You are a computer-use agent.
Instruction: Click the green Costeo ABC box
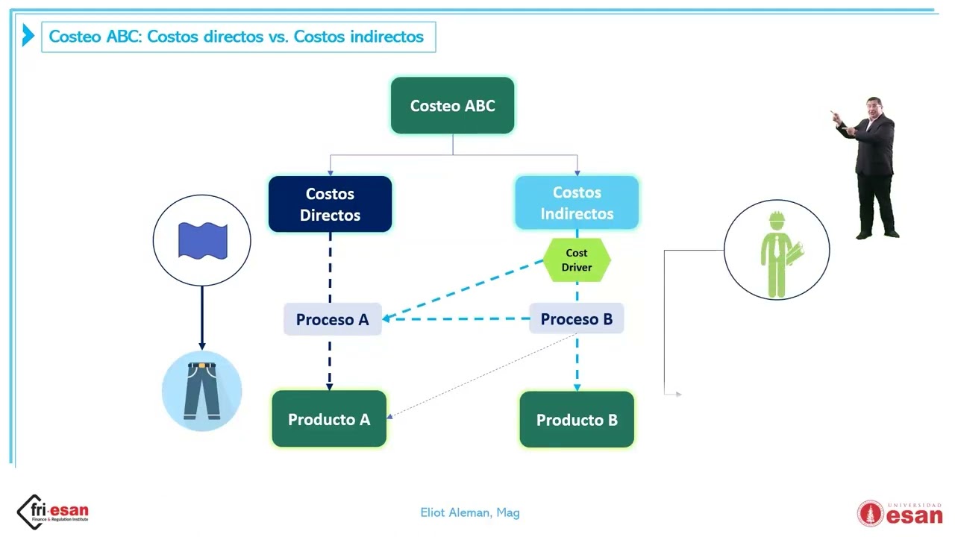[452, 105]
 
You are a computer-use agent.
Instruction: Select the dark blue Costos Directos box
[330, 204]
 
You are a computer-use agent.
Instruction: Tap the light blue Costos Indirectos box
[577, 203]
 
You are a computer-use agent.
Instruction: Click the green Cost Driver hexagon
[577, 260]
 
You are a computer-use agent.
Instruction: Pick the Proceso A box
[333, 319]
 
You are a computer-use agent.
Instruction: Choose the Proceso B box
[577, 318]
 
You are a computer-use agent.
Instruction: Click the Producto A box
[329, 419]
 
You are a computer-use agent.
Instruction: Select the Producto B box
[577, 420]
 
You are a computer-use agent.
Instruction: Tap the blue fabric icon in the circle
[202, 241]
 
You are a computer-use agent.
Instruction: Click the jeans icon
[201, 391]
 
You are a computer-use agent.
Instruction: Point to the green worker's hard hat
[777, 217]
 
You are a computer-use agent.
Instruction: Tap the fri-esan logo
[53, 512]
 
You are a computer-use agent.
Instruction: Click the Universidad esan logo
[900, 514]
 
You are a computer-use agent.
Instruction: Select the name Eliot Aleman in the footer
[455, 512]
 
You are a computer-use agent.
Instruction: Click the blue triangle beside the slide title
[28, 35]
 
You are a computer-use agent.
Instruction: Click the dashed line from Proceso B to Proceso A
[456, 318]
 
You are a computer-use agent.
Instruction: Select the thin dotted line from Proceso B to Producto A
[482, 376]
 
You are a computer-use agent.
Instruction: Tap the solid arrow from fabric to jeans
[202, 318]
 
